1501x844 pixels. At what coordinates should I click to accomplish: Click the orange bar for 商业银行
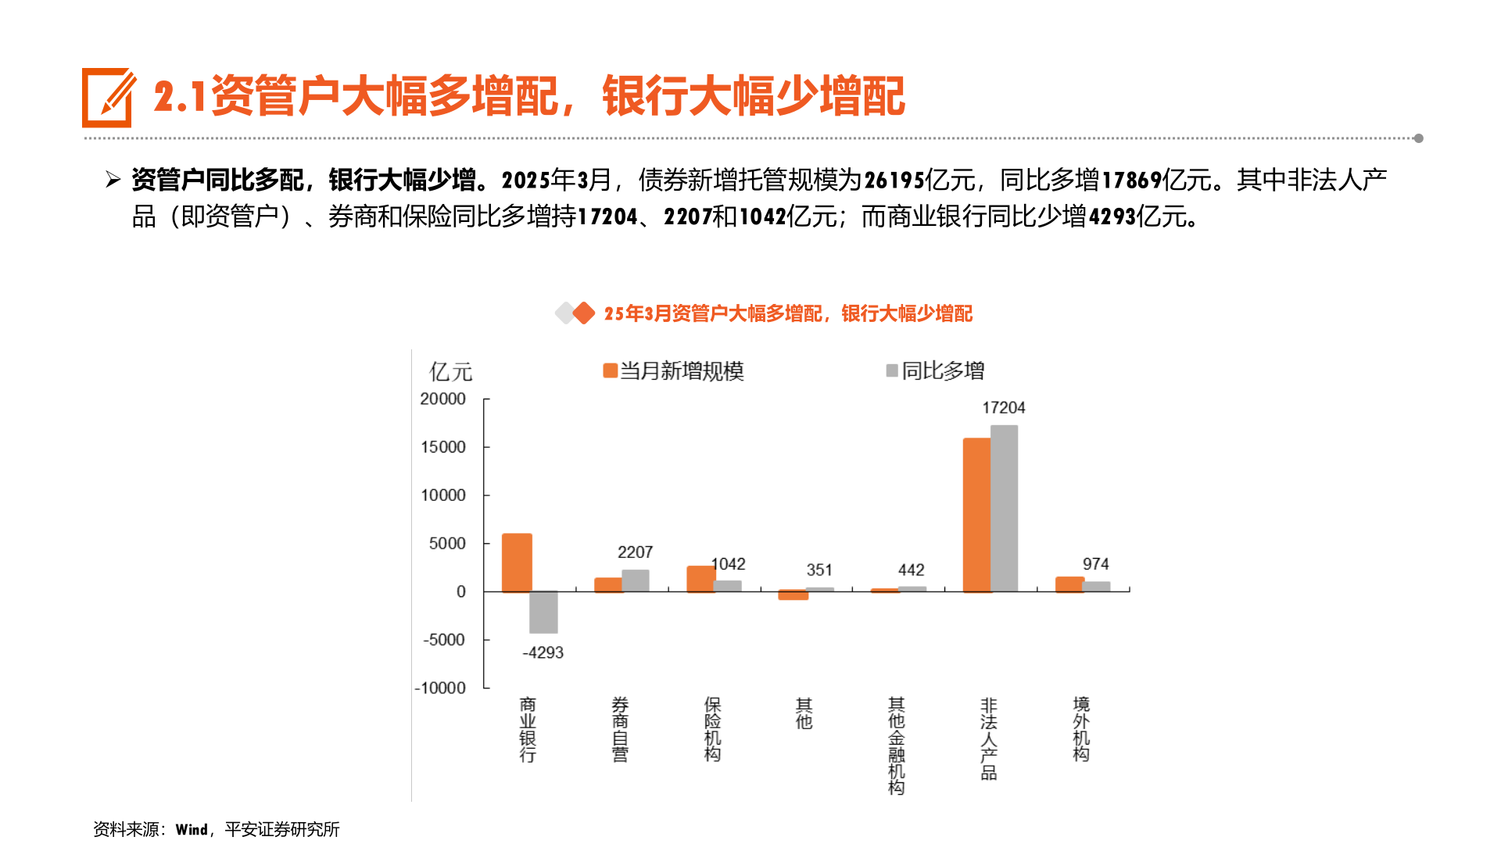(517, 563)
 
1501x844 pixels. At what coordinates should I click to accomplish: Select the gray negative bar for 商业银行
(543, 612)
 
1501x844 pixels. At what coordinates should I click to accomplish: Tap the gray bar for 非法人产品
(1004, 508)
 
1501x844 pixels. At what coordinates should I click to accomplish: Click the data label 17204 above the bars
(1003, 408)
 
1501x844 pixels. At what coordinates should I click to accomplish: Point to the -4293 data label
(543, 653)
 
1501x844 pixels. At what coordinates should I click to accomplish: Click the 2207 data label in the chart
(635, 553)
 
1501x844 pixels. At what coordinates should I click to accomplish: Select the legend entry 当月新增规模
(673, 371)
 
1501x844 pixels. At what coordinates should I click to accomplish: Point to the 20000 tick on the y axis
(442, 399)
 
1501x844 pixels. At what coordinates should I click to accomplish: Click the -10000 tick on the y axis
(440, 688)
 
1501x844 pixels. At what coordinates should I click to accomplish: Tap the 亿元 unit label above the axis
(451, 372)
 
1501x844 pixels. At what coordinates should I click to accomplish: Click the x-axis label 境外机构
(1081, 729)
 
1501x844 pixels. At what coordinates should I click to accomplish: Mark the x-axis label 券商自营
(620, 729)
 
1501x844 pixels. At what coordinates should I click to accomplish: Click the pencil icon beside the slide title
(108, 98)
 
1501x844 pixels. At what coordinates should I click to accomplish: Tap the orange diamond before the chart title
(583, 313)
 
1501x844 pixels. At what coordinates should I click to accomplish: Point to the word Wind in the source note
(192, 830)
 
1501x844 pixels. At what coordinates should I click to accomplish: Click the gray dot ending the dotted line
(1418, 138)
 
